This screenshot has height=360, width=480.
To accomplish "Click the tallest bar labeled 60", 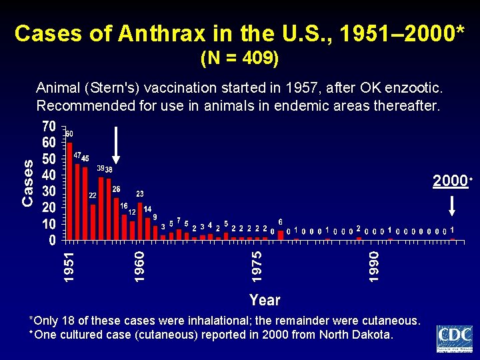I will click(x=69, y=191).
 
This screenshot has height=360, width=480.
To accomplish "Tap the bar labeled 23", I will click(x=140, y=221).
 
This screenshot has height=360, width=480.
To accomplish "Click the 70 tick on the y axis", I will click(x=48, y=127).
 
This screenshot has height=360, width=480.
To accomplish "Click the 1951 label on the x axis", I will click(x=69, y=265).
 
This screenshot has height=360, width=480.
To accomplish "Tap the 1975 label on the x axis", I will click(x=257, y=265).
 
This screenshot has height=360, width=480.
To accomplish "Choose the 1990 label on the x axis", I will click(x=375, y=265).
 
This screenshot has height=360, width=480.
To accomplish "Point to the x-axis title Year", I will click(x=265, y=300).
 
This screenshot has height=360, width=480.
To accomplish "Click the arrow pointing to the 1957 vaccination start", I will click(x=116, y=143).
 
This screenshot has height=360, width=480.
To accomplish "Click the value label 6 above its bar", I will click(x=281, y=221).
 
